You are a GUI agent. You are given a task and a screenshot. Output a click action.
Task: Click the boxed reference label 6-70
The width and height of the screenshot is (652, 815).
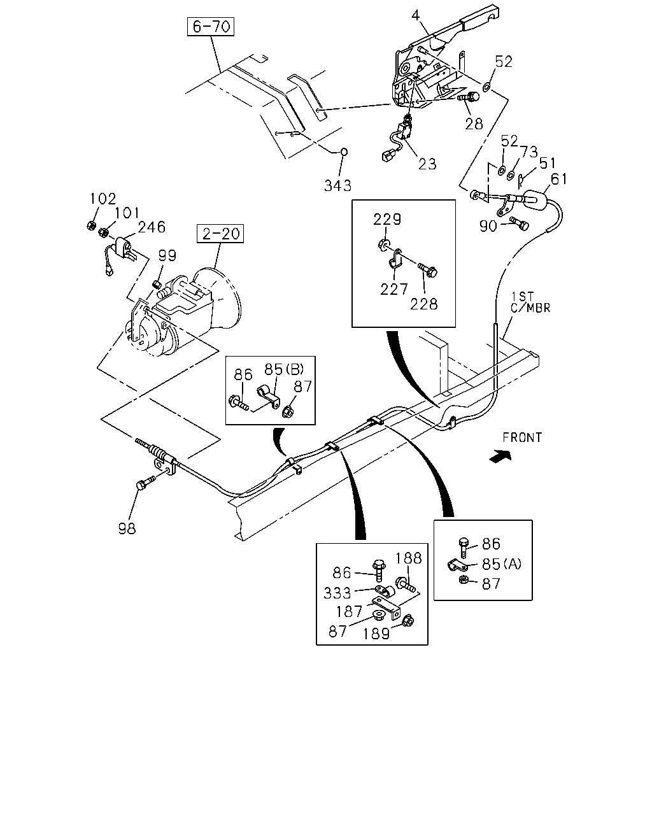tap(211, 27)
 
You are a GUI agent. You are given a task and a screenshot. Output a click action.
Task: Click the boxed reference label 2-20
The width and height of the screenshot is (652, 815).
tap(220, 234)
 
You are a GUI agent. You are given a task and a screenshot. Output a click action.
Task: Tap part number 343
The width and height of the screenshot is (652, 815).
tap(337, 185)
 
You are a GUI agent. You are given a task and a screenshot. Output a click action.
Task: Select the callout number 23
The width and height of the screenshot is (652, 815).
tap(427, 164)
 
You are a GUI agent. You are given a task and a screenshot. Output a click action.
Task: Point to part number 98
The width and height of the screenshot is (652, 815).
tap(127, 528)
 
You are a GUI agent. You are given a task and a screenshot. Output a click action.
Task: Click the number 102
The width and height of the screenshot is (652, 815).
tap(103, 199)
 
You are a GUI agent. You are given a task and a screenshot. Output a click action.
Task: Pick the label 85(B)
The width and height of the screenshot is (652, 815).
tap(284, 369)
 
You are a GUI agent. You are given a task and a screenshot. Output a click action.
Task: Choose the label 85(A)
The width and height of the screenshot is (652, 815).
tap(502, 564)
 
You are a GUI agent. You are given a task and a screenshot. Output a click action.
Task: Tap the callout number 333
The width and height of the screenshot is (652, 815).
tap(337, 593)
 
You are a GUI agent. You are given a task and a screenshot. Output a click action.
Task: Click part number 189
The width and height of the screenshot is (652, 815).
tap(376, 634)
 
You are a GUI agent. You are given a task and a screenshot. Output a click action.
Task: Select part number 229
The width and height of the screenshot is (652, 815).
tap(386, 219)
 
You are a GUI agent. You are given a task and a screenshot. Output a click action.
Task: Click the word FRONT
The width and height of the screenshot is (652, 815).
tap(522, 438)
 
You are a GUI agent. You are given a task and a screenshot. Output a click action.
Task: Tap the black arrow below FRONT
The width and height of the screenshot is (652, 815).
tap(500, 456)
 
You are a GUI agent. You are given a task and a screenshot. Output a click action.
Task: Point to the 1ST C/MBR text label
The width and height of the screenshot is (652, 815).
tap(530, 302)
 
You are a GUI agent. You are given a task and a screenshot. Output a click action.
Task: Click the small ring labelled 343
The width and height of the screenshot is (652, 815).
tap(344, 152)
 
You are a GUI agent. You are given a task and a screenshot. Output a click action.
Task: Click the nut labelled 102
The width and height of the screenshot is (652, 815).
tap(90, 225)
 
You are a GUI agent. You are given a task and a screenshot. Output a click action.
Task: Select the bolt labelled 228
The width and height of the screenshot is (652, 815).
tap(428, 270)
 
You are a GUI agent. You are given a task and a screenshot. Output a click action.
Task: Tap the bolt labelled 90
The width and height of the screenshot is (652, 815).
tap(520, 223)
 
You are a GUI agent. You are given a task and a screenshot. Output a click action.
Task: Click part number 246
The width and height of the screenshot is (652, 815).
tap(152, 227)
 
